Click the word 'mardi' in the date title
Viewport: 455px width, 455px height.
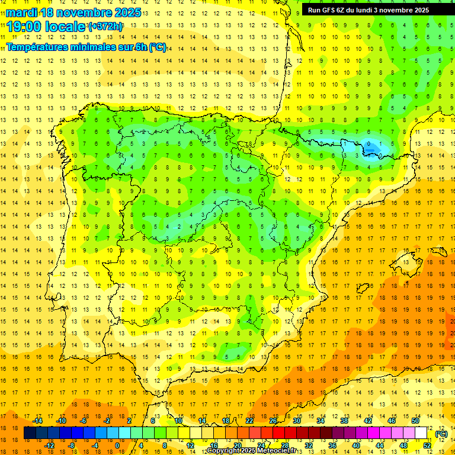pos(20,12)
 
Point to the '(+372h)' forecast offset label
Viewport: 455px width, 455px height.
pos(105,27)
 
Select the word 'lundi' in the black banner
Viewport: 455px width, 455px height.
pos(377,9)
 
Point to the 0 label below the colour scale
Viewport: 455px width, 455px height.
pos(117,446)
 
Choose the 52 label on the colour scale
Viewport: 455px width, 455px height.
pos(427,446)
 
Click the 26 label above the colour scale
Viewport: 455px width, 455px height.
pos(273,421)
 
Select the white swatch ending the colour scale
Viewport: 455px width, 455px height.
pos(421,433)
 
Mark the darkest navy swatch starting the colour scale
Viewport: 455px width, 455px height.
pos(30,433)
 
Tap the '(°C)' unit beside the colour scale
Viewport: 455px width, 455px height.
pos(441,434)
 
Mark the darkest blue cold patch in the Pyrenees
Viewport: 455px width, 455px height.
pos(370,147)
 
